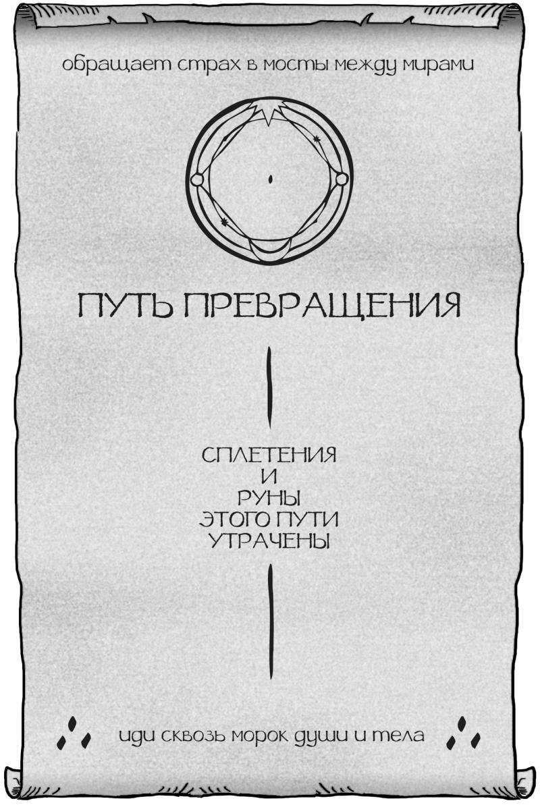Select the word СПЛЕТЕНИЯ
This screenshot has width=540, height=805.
[269, 455]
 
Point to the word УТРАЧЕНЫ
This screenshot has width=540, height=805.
[269, 541]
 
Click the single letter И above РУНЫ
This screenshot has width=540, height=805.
[269, 476]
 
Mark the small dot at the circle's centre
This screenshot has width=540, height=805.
[269, 179]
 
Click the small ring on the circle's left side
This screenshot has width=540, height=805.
[197, 179]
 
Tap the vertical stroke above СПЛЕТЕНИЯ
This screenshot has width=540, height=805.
[270, 387]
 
